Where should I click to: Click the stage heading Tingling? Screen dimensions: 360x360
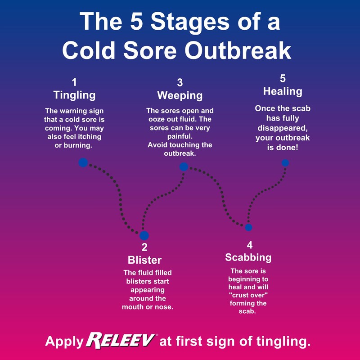[x=74, y=95]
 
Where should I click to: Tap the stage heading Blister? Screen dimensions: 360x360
[x=144, y=260]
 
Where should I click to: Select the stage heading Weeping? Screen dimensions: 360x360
[x=180, y=95]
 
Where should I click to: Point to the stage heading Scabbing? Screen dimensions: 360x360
[x=248, y=257]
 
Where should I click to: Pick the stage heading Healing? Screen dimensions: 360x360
[x=283, y=91]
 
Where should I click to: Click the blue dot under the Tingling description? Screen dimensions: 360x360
[x=83, y=162]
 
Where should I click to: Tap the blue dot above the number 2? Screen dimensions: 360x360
[x=144, y=235]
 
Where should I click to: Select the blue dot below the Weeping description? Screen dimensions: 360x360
[x=184, y=167]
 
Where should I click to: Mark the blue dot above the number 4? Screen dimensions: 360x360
[x=248, y=227]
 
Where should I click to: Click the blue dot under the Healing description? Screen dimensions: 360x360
[x=285, y=163]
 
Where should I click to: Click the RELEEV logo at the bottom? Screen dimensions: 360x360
[x=121, y=341]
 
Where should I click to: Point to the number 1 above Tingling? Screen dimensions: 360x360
[x=74, y=82]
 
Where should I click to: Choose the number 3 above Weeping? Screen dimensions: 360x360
[x=180, y=82]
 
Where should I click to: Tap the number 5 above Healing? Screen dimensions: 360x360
[x=283, y=78]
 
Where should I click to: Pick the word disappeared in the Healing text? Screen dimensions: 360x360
[x=283, y=128]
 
